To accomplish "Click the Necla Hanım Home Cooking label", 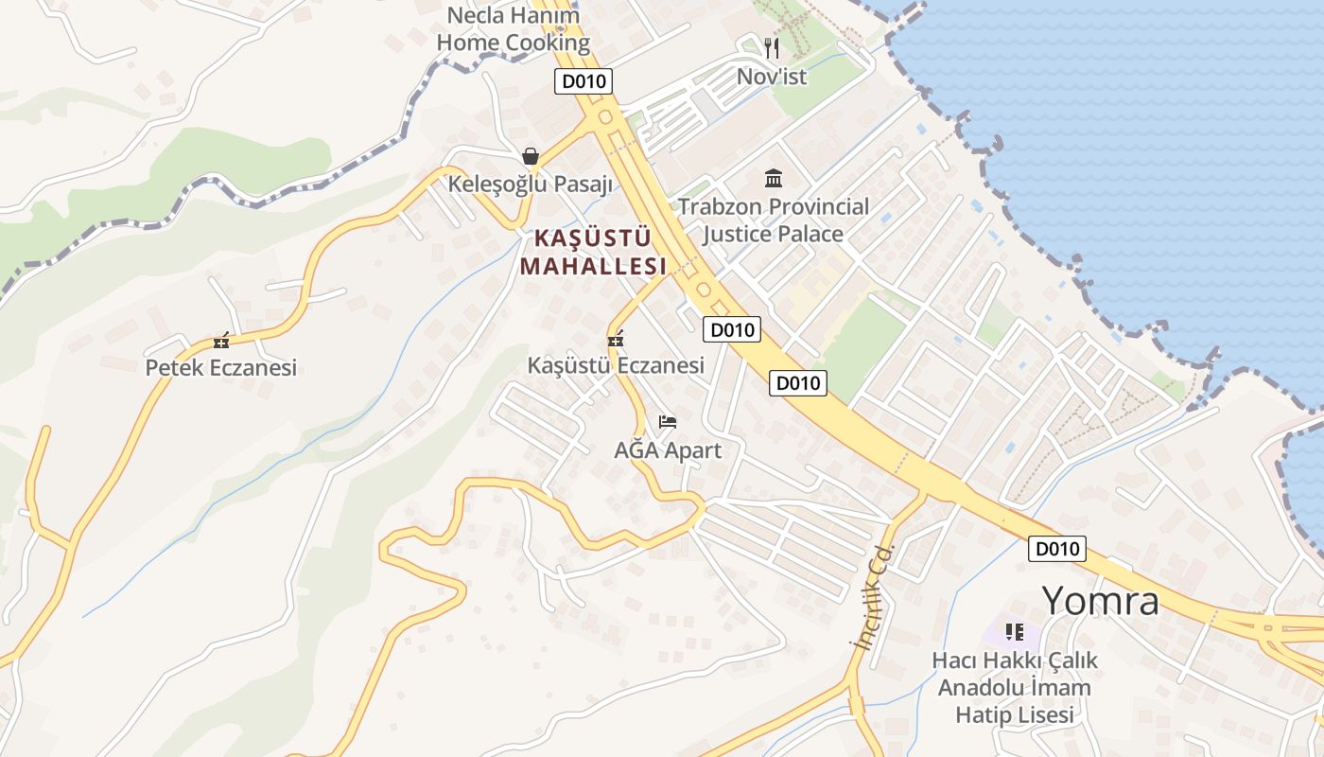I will click(x=514, y=29).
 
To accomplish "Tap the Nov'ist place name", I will click(x=772, y=77).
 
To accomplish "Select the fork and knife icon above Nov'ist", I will click(x=772, y=47).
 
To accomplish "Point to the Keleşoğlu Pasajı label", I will click(x=531, y=184).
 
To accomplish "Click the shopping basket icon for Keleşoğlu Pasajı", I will click(x=531, y=156).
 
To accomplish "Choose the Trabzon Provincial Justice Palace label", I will click(x=773, y=220).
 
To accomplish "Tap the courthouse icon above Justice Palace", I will click(x=774, y=178).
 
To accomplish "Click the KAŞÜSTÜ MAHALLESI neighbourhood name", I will click(x=593, y=253).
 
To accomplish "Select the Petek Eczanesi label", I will click(x=221, y=367).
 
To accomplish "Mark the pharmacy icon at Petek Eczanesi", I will click(x=221, y=342).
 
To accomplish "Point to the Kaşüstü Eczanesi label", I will click(x=616, y=364).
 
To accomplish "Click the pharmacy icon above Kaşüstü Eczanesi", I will click(x=616, y=339).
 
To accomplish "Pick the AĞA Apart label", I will click(x=668, y=449).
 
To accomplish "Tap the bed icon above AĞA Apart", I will click(x=668, y=421).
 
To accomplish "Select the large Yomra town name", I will click(x=1100, y=600).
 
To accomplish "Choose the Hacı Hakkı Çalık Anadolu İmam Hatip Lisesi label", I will click(x=1015, y=687).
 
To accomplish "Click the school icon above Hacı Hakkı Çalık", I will click(x=1015, y=631).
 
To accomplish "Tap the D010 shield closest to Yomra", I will click(x=1057, y=549).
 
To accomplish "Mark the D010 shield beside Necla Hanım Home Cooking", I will click(x=584, y=81).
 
